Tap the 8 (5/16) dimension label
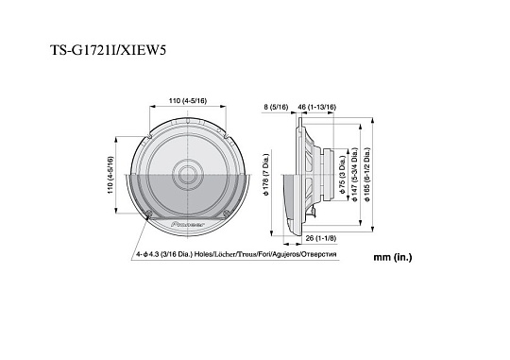coord(277,108)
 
